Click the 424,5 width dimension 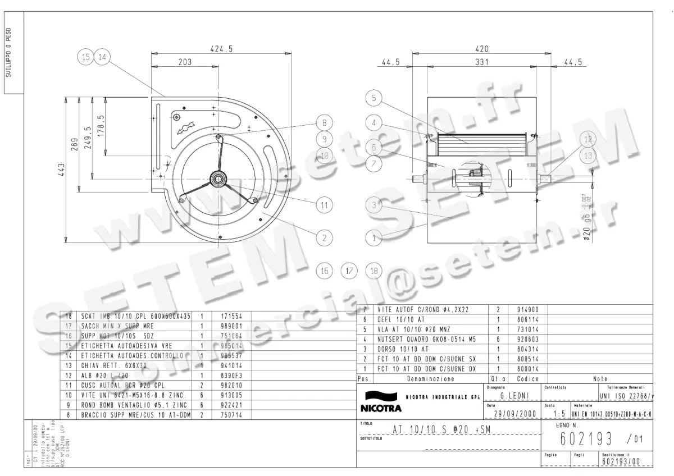[x=221, y=49]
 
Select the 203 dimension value [x=185, y=62]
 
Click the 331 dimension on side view [x=482, y=62]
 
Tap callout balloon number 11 [x=324, y=205]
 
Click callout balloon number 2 [x=324, y=237]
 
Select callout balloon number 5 [x=374, y=98]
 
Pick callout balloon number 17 [x=349, y=271]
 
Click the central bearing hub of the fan [x=217, y=179]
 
